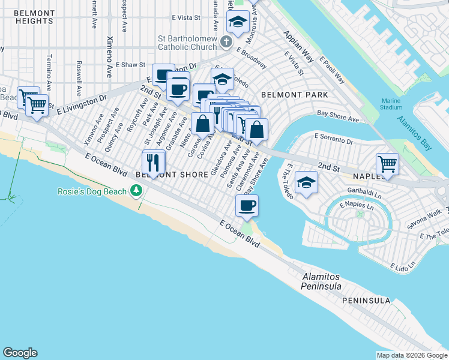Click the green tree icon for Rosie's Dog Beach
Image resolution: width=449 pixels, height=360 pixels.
(x=137, y=191)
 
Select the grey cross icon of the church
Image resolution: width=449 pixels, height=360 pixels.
(x=226, y=41)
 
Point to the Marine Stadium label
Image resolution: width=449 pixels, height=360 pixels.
(x=391, y=104)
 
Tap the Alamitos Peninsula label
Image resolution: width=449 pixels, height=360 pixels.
(x=321, y=281)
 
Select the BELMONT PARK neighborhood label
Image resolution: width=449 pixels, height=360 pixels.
(x=294, y=95)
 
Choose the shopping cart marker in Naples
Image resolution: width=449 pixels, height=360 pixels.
(x=387, y=163)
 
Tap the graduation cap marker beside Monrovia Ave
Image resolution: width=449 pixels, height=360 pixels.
(x=238, y=23)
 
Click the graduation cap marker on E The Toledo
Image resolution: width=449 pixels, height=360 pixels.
(x=306, y=182)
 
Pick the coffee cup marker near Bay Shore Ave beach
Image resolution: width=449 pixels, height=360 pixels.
(x=247, y=206)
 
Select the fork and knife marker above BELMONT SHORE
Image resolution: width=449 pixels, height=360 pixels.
(x=153, y=162)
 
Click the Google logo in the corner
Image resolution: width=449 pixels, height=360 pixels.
(x=20, y=353)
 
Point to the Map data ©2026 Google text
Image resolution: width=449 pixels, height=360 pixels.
(x=412, y=355)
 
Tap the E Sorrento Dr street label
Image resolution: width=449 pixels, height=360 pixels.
(x=333, y=141)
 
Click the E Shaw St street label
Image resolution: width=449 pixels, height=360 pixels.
(x=131, y=64)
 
